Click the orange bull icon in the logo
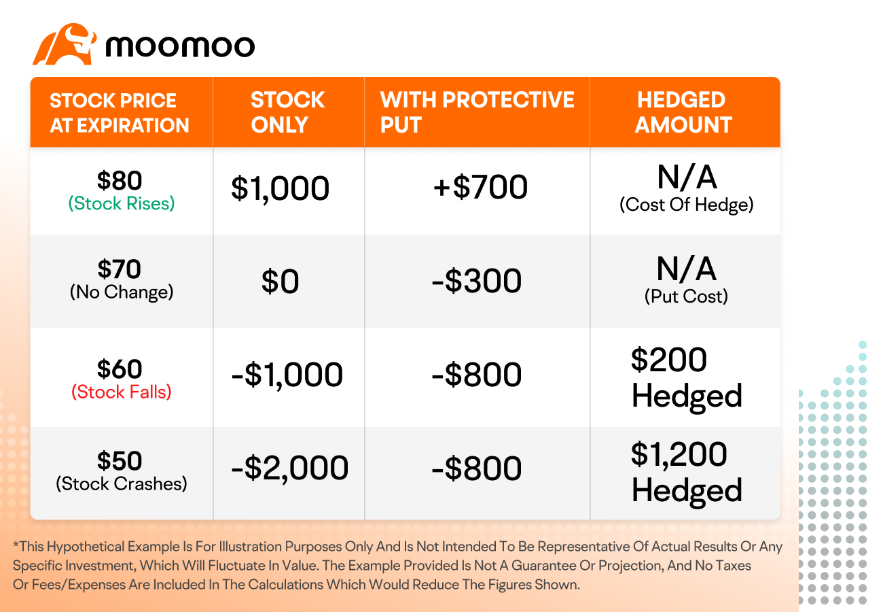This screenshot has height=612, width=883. point(65,44)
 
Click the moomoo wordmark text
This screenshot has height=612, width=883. point(180,46)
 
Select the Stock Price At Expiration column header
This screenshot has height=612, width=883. point(120,113)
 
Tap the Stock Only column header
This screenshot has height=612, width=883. point(288,112)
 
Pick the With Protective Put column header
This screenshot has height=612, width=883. point(477,112)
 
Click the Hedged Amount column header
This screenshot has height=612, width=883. point(683,112)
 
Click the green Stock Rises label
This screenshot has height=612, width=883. point(122,203)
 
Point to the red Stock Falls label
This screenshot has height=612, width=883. point(122,392)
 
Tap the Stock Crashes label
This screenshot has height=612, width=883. point(122,483)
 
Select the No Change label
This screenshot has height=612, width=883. point(122,292)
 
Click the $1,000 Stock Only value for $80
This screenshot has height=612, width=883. point(280,188)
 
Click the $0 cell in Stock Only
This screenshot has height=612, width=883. point(280,281)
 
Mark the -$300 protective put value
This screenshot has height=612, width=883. point(477,281)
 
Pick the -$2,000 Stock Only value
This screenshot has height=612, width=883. point(290,469)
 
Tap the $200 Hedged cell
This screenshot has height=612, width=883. point(686,377)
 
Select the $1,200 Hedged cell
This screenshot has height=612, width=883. point(686,473)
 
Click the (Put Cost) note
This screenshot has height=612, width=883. point(686,296)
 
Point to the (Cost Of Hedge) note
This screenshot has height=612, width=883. point(686,205)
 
